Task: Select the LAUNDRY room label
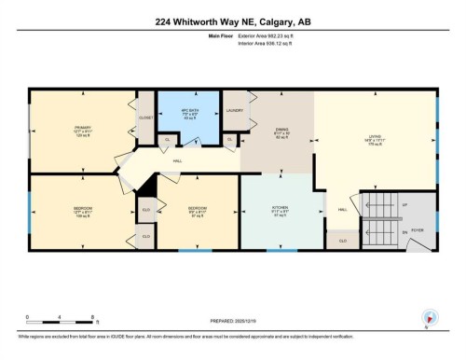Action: tap(236, 110)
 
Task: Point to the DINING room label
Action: tap(282, 131)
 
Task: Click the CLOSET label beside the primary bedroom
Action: tap(145, 118)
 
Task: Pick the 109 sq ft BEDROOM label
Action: tap(81, 208)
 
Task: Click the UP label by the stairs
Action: tap(404, 204)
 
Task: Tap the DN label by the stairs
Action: tap(404, 231)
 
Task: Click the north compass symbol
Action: tap(428, 318)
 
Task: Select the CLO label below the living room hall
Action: tap(343, 241)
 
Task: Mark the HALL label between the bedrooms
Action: tap(177, 161)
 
